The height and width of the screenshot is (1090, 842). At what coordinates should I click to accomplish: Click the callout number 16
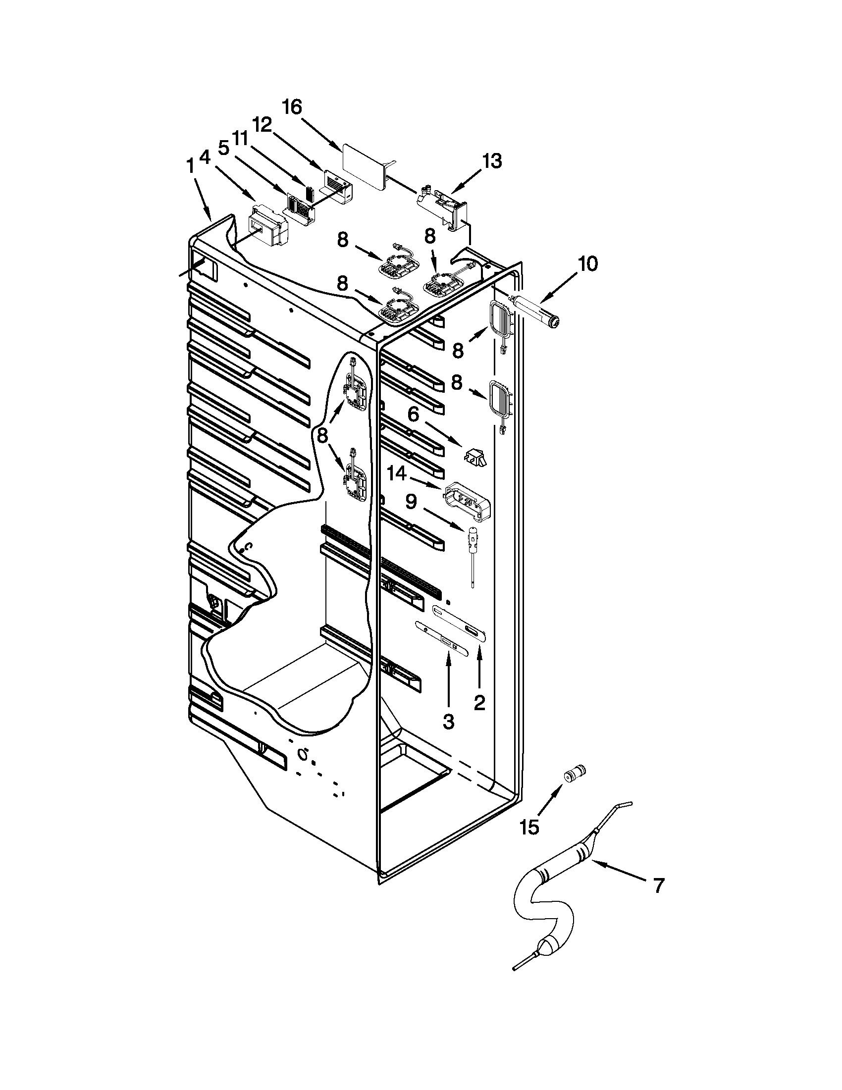(293, 107)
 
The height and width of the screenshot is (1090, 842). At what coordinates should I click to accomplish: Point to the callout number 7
(658, 886)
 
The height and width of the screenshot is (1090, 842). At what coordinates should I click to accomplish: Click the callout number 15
(529, 828)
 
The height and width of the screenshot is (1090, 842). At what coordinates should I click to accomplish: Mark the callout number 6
(413, 415)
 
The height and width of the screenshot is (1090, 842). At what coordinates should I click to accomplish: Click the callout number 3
(448, 721)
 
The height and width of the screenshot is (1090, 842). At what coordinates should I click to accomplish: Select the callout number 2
(479, 703)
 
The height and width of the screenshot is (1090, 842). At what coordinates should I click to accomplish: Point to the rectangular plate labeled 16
(365, 169)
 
